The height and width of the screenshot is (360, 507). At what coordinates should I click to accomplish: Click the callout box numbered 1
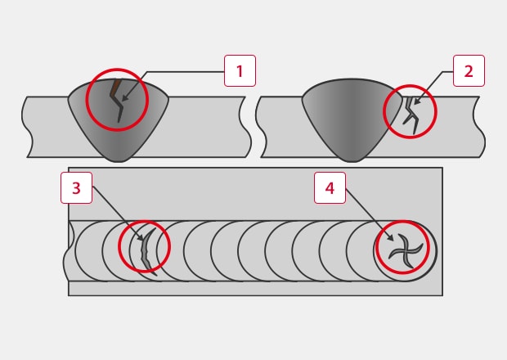(x=240, y=71)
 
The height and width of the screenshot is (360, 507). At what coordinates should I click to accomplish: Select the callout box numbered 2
(x=469, y=71)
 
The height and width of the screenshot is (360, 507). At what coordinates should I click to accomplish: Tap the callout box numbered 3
(x=76, y=187)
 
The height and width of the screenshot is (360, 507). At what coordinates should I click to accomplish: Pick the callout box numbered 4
(x=330, y=187)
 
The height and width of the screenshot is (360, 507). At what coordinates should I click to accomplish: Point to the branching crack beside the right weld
(x=411, y=115)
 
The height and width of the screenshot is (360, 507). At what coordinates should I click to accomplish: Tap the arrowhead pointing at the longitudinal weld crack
(x=125, y=98)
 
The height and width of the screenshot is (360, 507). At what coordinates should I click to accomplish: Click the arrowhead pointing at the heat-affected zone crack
(x=416, y=101)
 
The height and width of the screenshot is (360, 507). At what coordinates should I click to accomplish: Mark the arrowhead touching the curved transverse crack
(x=141, y=237)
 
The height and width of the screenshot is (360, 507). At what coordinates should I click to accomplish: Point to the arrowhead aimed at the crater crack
(x=390, y=238)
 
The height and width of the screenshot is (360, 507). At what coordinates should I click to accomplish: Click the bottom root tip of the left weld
(x=119, y=161)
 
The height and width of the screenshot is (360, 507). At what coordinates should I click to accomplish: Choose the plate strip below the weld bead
(x=255, y=288)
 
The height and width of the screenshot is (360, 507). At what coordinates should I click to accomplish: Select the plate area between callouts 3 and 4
(x=203, y=194)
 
